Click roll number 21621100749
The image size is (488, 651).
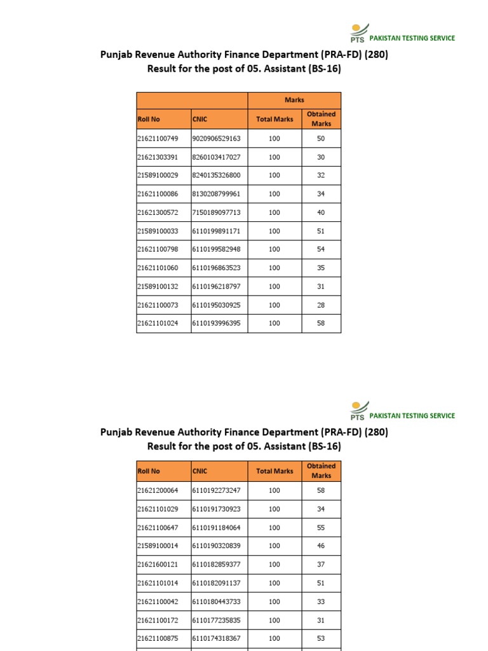coord(157,139)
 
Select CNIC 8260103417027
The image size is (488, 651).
coord(216,157)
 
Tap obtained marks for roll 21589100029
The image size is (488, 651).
coord(321,175)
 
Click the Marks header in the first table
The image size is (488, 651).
coord(294,100)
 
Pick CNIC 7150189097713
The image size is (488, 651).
coord(216,212)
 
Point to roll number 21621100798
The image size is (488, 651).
coord(157,249)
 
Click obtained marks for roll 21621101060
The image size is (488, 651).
coord(321,268)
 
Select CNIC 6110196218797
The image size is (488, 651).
coord(216,287)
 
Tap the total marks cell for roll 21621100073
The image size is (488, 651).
coord(274,305)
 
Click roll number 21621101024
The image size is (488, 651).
coord(157,324)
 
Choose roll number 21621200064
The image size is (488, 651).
coord(157,491)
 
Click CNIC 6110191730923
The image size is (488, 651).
coord(216,509)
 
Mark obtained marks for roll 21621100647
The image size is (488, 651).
coord(321,528)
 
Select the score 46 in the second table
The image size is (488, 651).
coord(321,546)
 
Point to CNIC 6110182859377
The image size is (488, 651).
coord(216,565)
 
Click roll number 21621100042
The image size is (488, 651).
coord(157,601)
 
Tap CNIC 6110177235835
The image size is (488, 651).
coord(216,620)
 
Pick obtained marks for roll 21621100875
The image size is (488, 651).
coord(321,638)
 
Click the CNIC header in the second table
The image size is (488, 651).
coord(200,471)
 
